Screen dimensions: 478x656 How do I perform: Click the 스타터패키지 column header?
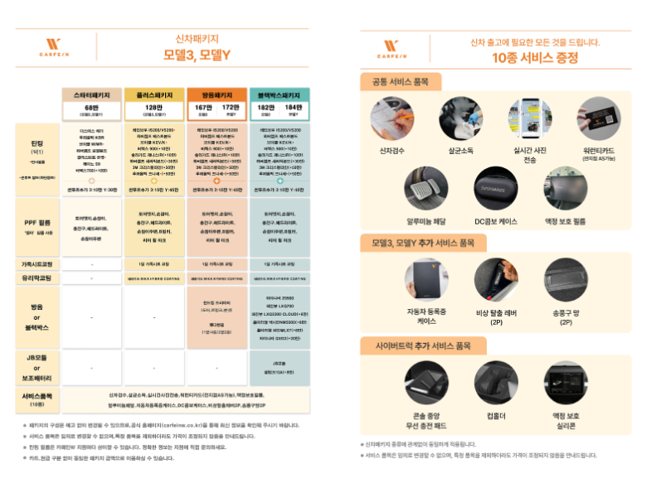[93, 94]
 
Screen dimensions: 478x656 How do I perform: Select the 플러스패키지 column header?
[154, 94]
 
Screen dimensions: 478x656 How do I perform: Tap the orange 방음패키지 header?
[217, 94]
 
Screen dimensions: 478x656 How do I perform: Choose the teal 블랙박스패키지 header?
[279, 94]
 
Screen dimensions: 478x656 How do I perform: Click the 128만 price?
[154, 108]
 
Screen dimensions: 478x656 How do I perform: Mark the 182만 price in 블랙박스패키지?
[265, 108]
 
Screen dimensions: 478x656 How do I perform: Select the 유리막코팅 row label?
[36, 279]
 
